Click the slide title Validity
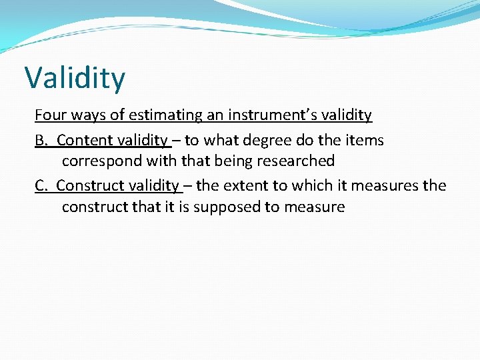[75, 79]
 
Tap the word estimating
[164, 115]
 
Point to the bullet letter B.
[41, 140]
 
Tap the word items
[365, 140]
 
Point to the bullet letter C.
[41, 185]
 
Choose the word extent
[249, 185]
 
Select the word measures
[386, 185]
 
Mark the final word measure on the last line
[315, 207]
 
